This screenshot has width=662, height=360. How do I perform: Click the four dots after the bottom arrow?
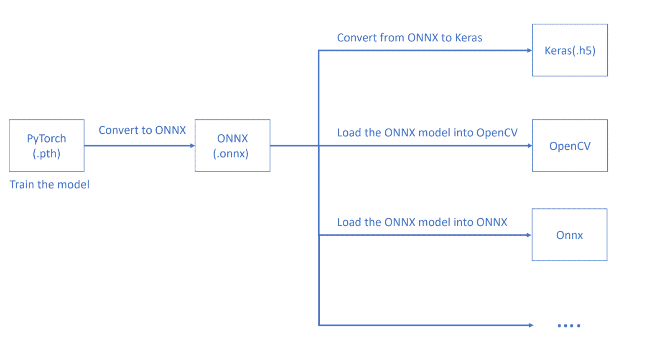[569, 326]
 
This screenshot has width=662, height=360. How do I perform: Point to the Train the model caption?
[49, 184]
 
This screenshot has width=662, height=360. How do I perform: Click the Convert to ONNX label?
[142, 130]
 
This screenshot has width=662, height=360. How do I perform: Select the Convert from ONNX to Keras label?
[410, 38]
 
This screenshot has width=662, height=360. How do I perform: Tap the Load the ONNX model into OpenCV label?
[428, 133]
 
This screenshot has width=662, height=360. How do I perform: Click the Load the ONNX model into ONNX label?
[422, 222]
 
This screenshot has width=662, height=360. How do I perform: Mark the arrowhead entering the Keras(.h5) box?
[530, 51]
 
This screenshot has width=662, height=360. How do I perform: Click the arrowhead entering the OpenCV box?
[530, 146]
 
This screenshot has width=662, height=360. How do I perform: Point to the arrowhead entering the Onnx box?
[529, 235]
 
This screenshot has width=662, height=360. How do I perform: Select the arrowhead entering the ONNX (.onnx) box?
[192, 146]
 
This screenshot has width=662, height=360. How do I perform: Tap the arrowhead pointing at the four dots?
[531, 325]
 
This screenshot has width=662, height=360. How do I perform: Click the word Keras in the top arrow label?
[468, 38]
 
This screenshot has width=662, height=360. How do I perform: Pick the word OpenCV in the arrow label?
[497, 133]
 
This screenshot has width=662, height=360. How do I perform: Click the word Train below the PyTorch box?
[22, 184]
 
